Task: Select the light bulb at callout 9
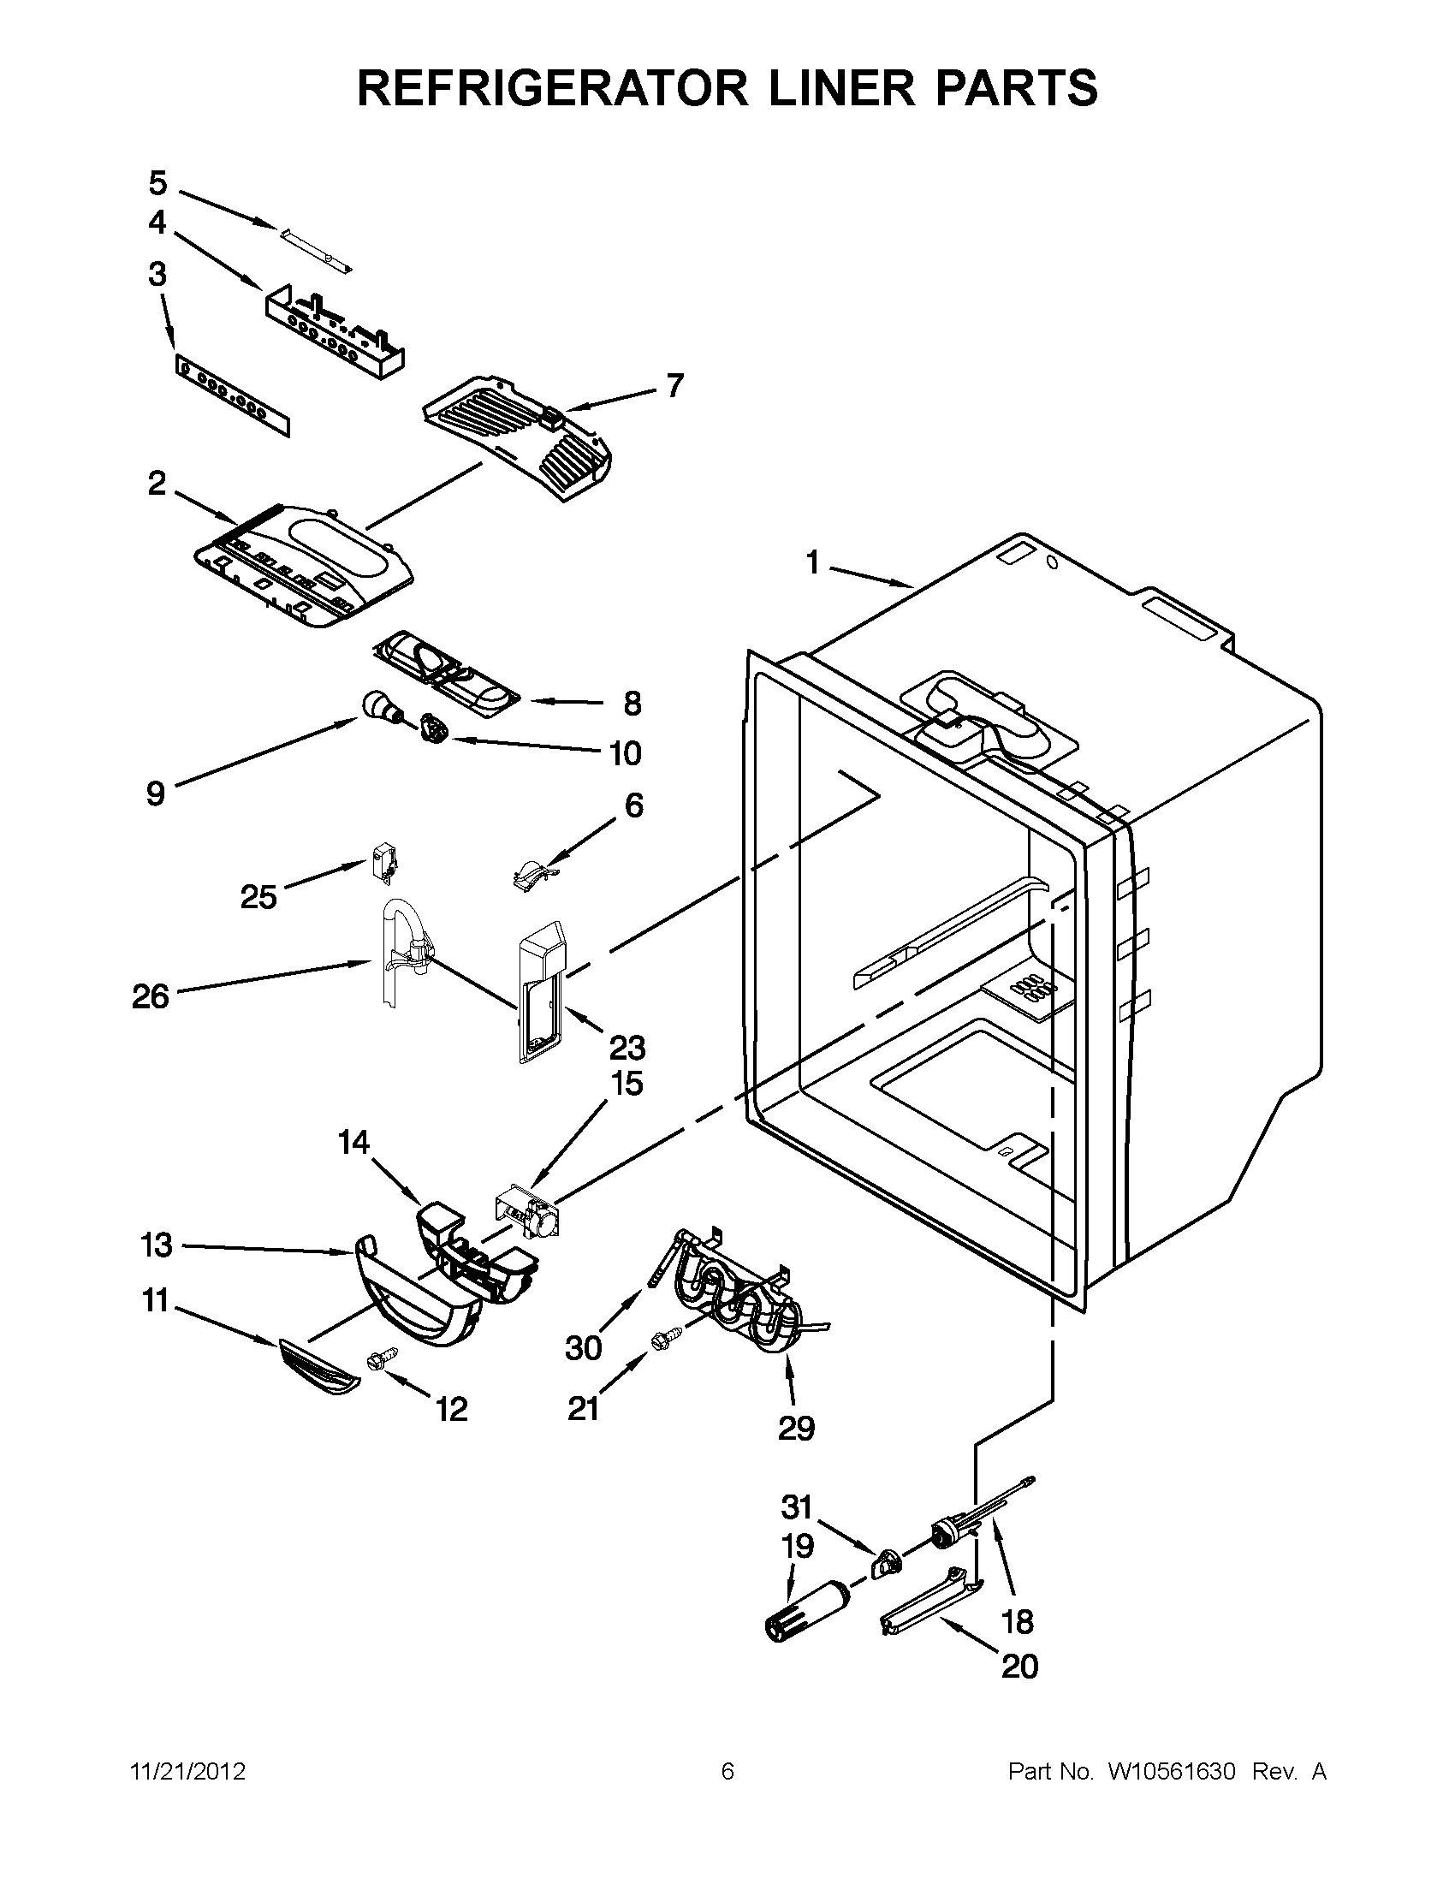point(379,707)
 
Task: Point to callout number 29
point(795,1429)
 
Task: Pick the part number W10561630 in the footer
point(1172,1772)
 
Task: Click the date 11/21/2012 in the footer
point(187,1772)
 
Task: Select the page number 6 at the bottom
point(727,1772)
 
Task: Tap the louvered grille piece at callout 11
point(318,1366)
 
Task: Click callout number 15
point(627,1084)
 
